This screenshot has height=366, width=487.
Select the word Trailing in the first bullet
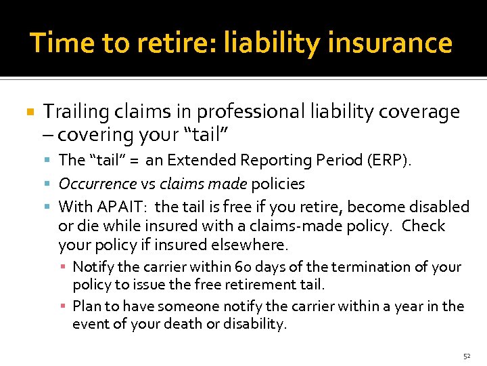72,112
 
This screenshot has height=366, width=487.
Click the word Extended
199,161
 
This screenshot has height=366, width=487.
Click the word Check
423,225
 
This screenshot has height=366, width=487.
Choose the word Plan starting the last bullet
87,306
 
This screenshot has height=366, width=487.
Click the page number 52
466,356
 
